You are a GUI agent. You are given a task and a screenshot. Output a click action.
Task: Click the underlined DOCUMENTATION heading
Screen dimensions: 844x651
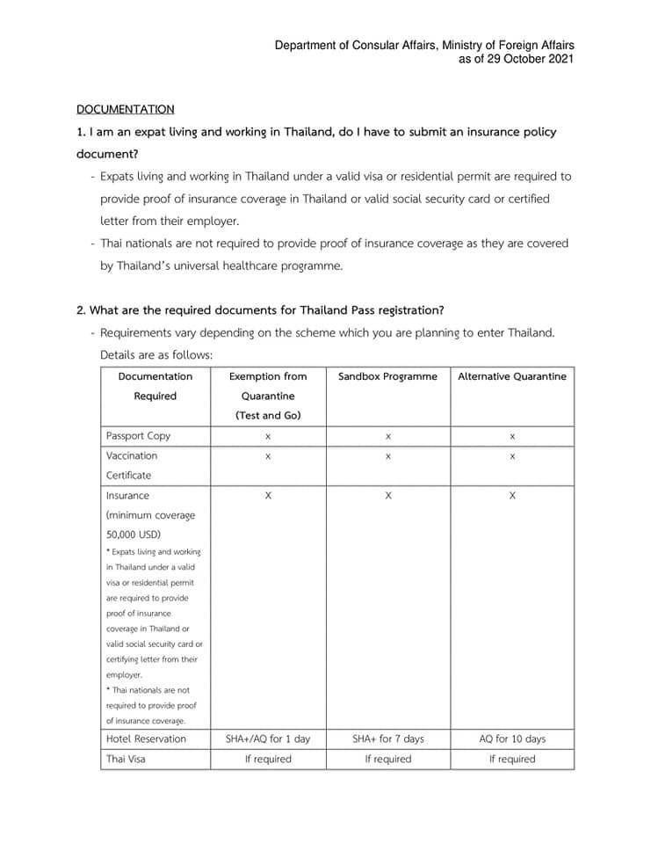126,109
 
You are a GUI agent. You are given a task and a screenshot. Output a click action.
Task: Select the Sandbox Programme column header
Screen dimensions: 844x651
387,376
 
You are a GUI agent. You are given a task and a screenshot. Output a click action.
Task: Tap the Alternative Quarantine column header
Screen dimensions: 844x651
512,376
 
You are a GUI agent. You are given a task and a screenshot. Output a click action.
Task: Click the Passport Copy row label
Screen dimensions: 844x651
138,436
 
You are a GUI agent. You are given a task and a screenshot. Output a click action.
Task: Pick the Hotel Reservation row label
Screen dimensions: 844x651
146,738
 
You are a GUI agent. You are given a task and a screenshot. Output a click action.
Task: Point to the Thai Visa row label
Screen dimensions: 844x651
126,759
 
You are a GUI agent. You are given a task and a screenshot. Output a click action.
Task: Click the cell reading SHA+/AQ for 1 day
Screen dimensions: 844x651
268,738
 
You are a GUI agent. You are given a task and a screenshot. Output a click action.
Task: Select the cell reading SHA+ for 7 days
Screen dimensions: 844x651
387,738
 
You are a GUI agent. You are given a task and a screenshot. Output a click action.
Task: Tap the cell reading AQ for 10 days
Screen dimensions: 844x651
512,738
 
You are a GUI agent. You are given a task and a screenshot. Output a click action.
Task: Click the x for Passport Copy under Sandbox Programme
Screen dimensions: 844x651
387,436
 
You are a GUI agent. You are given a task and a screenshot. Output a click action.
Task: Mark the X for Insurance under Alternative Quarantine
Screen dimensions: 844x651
512,496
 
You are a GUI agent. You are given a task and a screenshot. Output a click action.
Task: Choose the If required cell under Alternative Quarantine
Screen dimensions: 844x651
512,759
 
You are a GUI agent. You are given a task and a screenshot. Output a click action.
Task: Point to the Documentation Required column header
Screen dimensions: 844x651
156,386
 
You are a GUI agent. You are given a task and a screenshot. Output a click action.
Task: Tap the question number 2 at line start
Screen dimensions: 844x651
81,310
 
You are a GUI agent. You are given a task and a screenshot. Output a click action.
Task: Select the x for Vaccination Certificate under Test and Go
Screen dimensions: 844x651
268,456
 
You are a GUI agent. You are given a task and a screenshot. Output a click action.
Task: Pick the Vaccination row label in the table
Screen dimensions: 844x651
132,456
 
